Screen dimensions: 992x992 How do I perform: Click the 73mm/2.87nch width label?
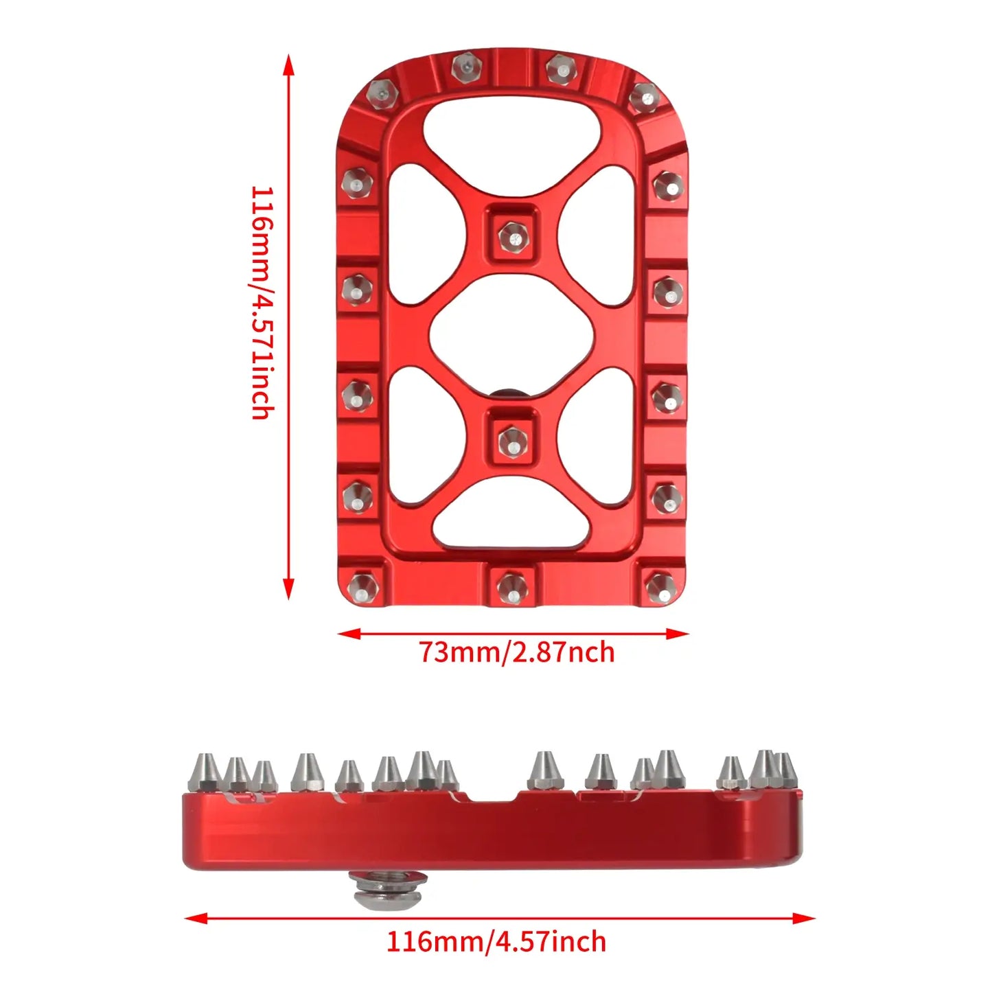[516, 651]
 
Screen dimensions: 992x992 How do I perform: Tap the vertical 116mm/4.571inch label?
[262, 302]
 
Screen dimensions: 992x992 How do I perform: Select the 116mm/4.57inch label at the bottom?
[496, 941]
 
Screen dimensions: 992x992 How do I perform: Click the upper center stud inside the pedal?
[512, 236]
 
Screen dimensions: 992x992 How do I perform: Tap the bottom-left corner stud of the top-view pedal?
[360, 587]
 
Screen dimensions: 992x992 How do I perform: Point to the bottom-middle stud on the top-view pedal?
[511, 587]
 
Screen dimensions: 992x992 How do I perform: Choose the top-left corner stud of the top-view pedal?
[382, 93]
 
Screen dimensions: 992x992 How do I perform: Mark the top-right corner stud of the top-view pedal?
[643, 97]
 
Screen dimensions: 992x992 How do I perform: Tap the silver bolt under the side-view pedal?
[388, 890]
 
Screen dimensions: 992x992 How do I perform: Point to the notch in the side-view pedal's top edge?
[492, 796]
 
